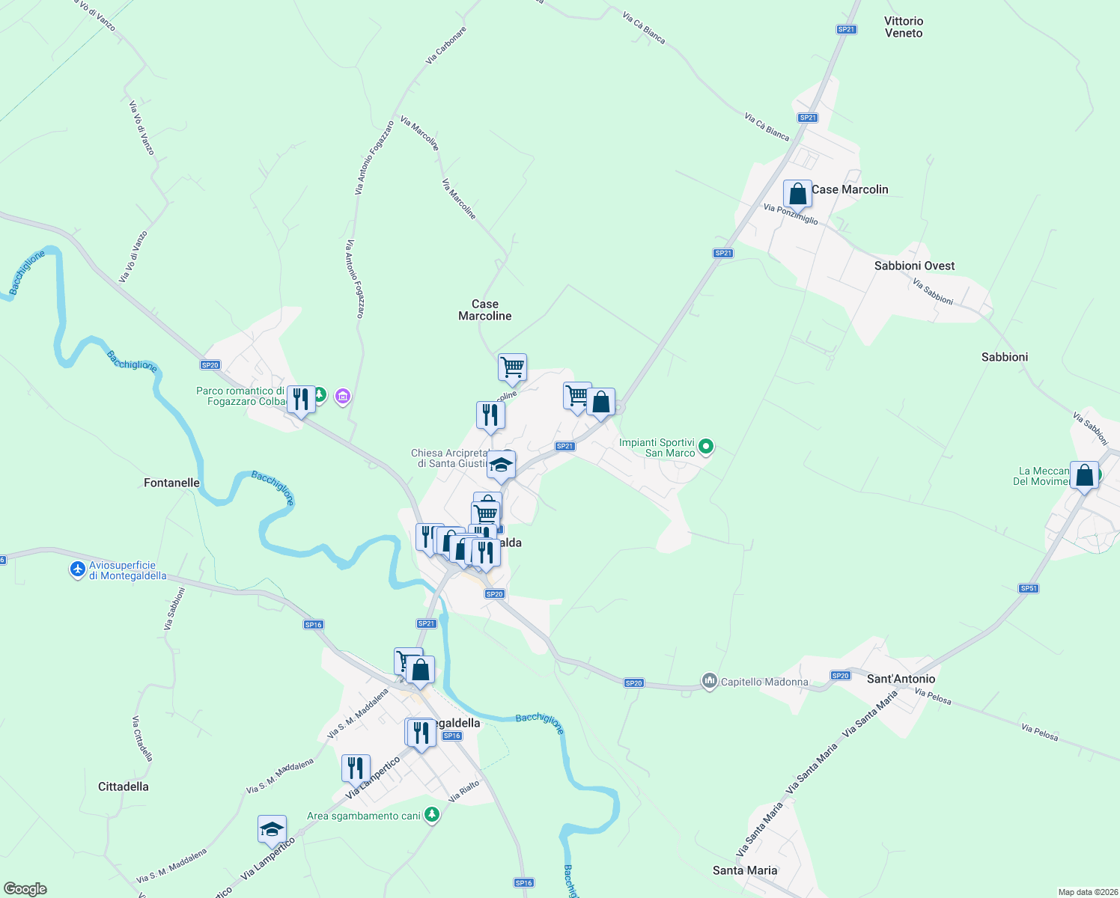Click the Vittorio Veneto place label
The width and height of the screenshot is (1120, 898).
click(x=904, y=27)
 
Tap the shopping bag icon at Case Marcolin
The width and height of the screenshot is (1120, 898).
click(x=797, y=194)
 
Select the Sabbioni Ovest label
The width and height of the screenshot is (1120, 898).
click(x=914, y=266)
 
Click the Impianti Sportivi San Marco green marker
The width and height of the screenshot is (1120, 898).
click(x=705, y=448)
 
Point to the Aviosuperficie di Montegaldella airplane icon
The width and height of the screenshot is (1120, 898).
click(x=78, y=569)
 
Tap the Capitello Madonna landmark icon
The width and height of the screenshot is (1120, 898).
click(x=709, y=681)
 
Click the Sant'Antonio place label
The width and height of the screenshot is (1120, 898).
click(x=901, y=679)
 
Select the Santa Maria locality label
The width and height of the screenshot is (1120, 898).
click(x=745, y=870)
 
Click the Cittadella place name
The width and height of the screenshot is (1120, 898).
click(x=124, y=786)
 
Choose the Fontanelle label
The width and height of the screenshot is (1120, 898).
click(x=171, y=483)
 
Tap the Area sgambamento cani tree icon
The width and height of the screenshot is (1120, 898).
click(x=432, y=815)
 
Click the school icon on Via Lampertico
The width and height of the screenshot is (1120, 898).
click(x=272, y=829)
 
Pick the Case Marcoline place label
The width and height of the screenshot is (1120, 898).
click(x=485, y=310)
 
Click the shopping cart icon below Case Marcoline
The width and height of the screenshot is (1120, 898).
click(x=512, y=367)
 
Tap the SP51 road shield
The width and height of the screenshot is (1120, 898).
click(x=1029, y=588)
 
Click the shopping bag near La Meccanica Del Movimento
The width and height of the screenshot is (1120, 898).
click(x=1084, y=475)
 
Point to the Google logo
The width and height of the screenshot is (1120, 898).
click(x=25, y=889)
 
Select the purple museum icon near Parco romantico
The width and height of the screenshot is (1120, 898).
click(x=343, y=396)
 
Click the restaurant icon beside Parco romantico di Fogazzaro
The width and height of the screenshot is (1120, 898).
click(x=301, y=400)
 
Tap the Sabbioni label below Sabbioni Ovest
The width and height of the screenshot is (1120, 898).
click(x=1004, y=357)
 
